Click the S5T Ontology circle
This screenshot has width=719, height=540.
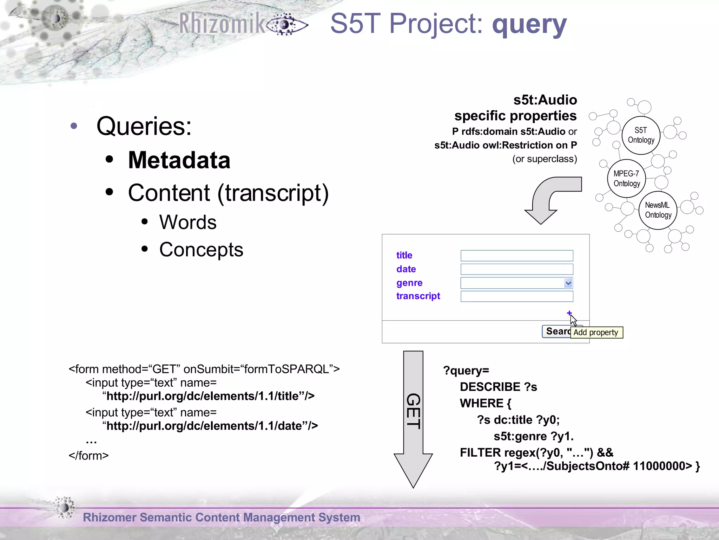point(641,135)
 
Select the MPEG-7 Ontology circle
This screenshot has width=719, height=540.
point(627,179)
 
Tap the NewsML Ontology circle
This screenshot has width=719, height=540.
point(658,210)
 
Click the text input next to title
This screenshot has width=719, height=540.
point(516,256)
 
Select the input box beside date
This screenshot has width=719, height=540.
point(516,269)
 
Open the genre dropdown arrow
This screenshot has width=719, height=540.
point(568,283)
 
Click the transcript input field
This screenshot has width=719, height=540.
point(516,296)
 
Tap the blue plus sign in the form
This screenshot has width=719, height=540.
point(569,313)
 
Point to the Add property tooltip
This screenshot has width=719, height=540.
point(596,333)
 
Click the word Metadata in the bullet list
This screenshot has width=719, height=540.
point(179,160)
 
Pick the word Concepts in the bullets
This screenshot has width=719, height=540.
point(201,250)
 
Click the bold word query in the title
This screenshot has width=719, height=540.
point(529,24)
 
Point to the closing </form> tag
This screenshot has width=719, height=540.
point(89,456)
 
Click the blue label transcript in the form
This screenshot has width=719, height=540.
point(418,296)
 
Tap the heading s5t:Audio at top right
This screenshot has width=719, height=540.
point(545,100)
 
